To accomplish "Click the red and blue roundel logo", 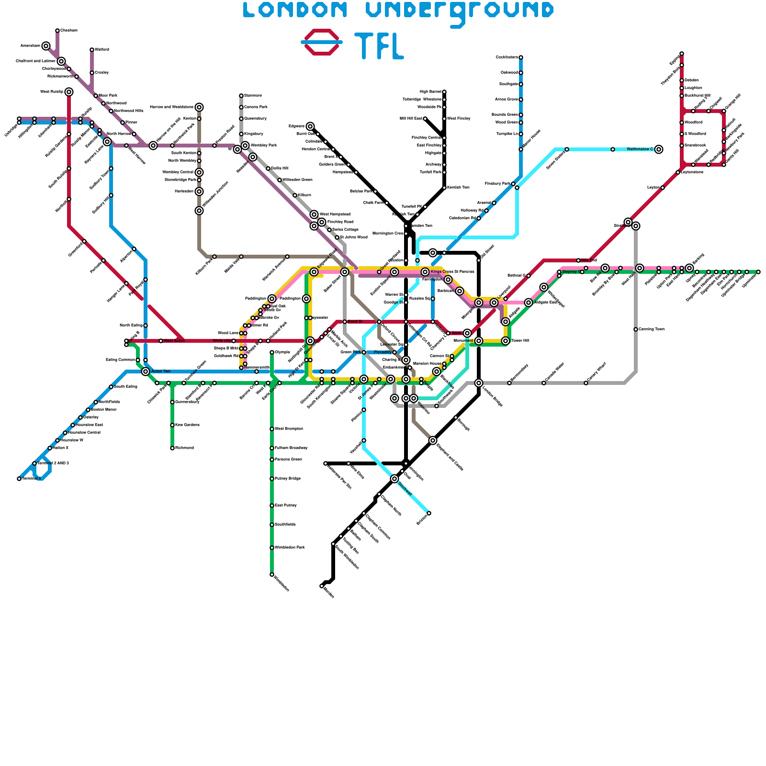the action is pos(322,42).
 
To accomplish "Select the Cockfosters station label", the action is pos(507,57).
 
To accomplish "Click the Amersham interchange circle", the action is pos(46,46).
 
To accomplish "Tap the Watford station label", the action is pos(102,50).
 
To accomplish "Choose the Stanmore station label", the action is pos(253,96).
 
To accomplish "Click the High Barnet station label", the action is pos(430,92).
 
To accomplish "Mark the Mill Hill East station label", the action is pos(411,119).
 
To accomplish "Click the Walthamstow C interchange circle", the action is pos(659,149).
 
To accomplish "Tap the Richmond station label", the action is pos(184,448).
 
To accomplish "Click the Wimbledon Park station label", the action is pos(290,548).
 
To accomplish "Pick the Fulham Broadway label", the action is pos(291,448).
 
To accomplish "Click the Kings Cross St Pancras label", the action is pos(452,272).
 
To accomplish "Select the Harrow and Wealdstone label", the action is pos(171,107).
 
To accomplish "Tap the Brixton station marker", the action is pos(429,513).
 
